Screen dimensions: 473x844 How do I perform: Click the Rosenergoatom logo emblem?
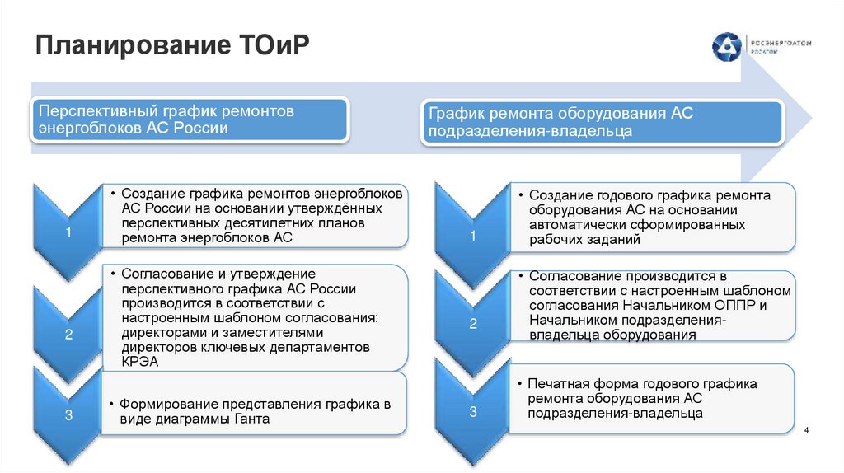pos(727,46)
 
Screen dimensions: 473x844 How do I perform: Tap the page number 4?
pos(806,431)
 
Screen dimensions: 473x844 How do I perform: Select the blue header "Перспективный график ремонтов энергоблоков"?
pos(190,120)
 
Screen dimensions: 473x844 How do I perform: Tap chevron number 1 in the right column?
pos(473,237)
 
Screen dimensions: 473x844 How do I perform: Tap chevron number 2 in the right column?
pos(473,324)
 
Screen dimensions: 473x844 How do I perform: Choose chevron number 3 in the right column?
pos(473,410)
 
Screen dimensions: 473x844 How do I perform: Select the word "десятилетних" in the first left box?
pos(265,223)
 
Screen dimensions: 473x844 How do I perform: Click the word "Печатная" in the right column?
pos(556,384)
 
